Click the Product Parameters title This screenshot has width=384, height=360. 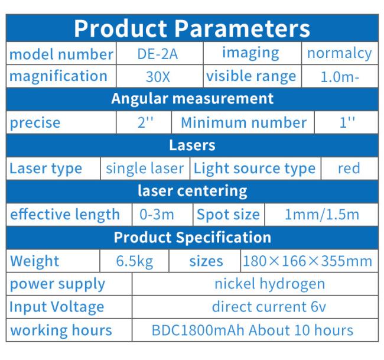192,29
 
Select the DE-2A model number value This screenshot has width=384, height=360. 158,54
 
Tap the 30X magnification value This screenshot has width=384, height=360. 158,77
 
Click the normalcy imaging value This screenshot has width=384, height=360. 340,54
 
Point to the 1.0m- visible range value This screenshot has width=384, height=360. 340,77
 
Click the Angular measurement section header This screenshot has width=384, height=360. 192,99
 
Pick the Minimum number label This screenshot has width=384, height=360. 243,122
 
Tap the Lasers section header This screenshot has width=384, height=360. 192,145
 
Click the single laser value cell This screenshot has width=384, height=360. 145,168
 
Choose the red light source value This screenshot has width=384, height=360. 349,168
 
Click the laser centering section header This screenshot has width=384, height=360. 193,191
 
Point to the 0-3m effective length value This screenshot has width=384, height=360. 157,215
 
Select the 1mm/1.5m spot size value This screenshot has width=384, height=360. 322,215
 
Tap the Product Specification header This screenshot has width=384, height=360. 193,238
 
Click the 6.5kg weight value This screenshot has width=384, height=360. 135,261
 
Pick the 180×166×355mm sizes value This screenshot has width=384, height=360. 308,261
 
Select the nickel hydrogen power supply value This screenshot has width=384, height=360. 270,284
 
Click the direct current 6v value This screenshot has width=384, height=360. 269,307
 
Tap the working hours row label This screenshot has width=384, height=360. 61,330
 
